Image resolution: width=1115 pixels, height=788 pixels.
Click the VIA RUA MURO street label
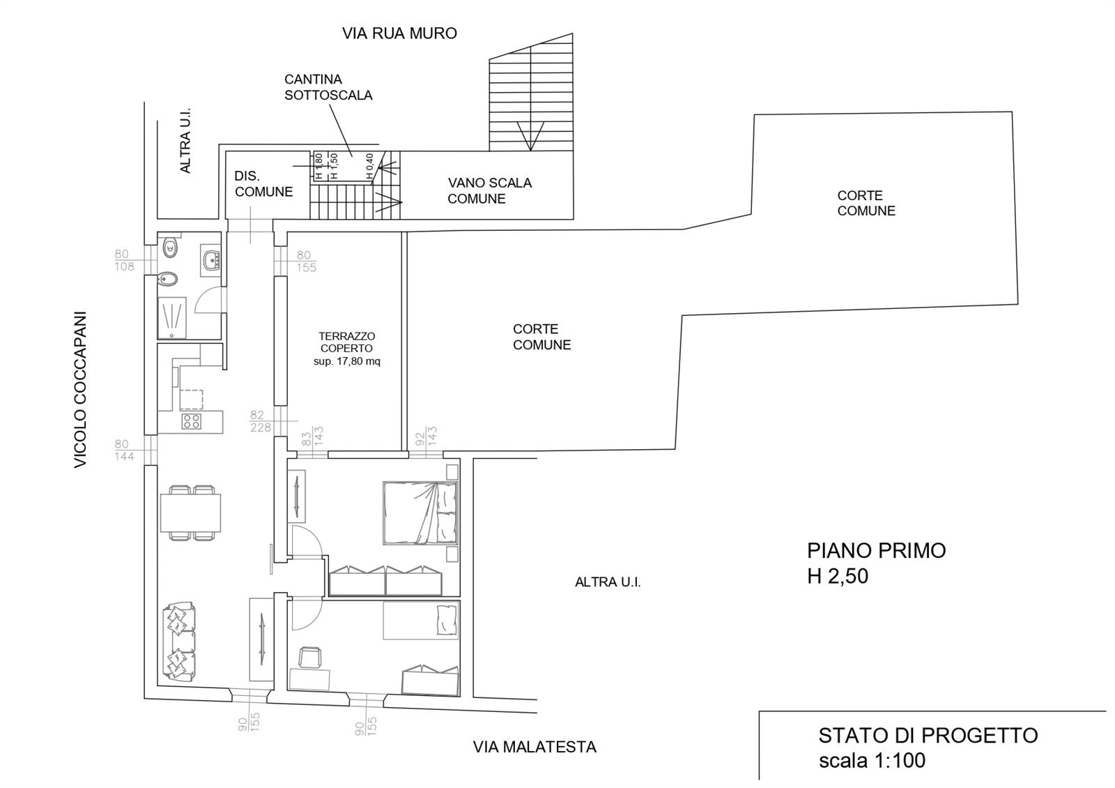click(x=399, y=33)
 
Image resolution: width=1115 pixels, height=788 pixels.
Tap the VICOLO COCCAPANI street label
click(x=80, y=390)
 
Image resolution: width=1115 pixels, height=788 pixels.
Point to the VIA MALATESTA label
click(x=535, y=747)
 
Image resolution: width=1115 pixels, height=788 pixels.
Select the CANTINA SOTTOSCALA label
click(x=328, y=87)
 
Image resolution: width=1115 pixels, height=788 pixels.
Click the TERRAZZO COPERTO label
click(x=346, y=342)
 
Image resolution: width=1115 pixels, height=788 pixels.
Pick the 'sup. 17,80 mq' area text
click(x=346, y=361)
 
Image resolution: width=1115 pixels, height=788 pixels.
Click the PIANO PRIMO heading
click(x=876, y=550)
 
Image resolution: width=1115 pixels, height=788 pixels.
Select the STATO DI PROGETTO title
click(x=928, y=736)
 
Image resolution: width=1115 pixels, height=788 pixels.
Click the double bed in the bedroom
click(x=421, y=513)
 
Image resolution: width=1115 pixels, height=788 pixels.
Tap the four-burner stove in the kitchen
click(x=192, y=421)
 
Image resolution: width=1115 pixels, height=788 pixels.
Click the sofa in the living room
click(x=178, y=641)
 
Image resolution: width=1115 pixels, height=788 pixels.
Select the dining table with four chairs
click(x=190, y=513)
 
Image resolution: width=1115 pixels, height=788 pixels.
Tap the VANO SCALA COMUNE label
click(x=489, y=191)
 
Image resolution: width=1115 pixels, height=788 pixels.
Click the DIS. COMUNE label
click(x=263, y=184)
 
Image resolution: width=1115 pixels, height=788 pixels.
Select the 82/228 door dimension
click(x=261, y=421)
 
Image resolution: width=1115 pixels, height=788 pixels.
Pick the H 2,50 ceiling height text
click(x=837, y=576)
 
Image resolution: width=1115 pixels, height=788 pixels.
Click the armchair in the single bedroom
click(x=311, y=656)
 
